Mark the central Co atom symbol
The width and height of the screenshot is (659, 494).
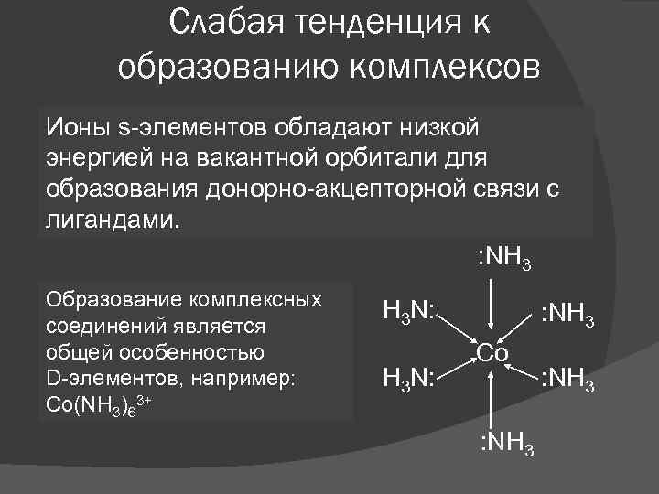(493, 353)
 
